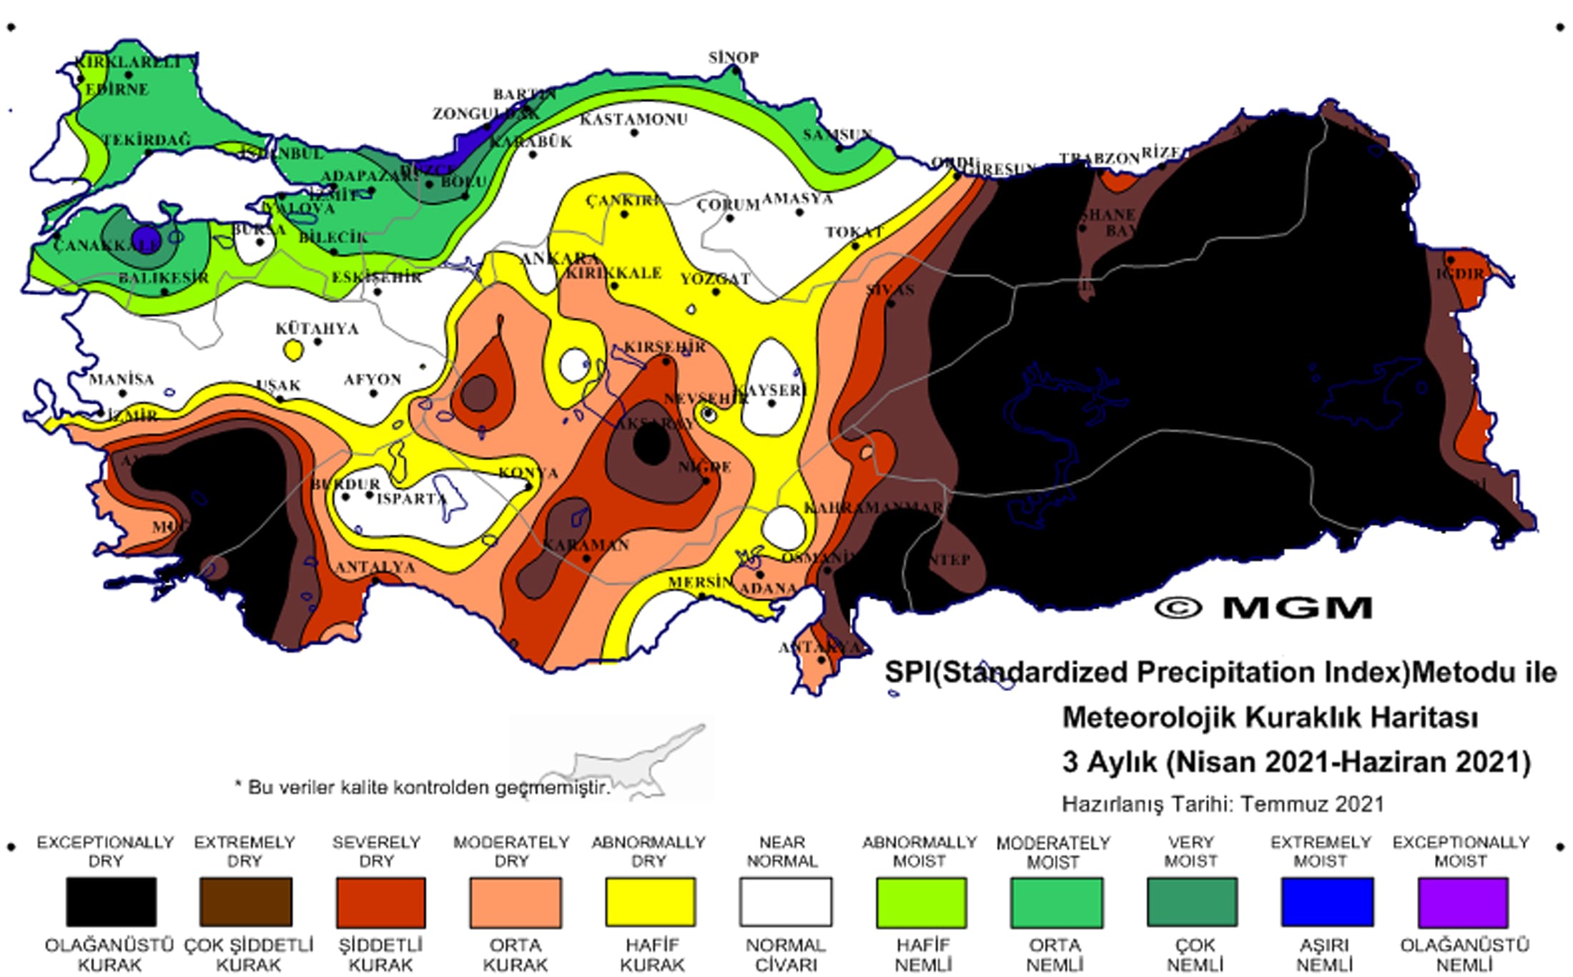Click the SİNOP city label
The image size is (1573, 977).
pos(733,57)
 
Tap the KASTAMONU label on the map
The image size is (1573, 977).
pos(633,119)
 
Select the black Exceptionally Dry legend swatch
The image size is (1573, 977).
pos(111,902)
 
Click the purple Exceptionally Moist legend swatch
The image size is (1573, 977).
pos(1463,902)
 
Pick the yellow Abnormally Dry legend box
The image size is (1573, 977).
pos(650,902)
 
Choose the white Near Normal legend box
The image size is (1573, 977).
pos(785,902)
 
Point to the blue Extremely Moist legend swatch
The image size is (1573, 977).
pos(1327,902)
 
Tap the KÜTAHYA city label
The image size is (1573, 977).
pos(317,329)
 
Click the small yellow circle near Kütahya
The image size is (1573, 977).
pos(293,350)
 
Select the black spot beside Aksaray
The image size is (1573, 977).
pos(651,445)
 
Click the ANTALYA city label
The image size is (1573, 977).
pos(375,567)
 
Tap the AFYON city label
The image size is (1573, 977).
pos(373,380)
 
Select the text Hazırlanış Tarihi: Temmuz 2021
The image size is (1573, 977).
pos(1223,804)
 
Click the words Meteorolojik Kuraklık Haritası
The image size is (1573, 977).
pos(1270,717)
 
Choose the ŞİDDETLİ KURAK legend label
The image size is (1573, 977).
pos(380,955)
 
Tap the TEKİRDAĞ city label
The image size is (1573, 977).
pos(147,140)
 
